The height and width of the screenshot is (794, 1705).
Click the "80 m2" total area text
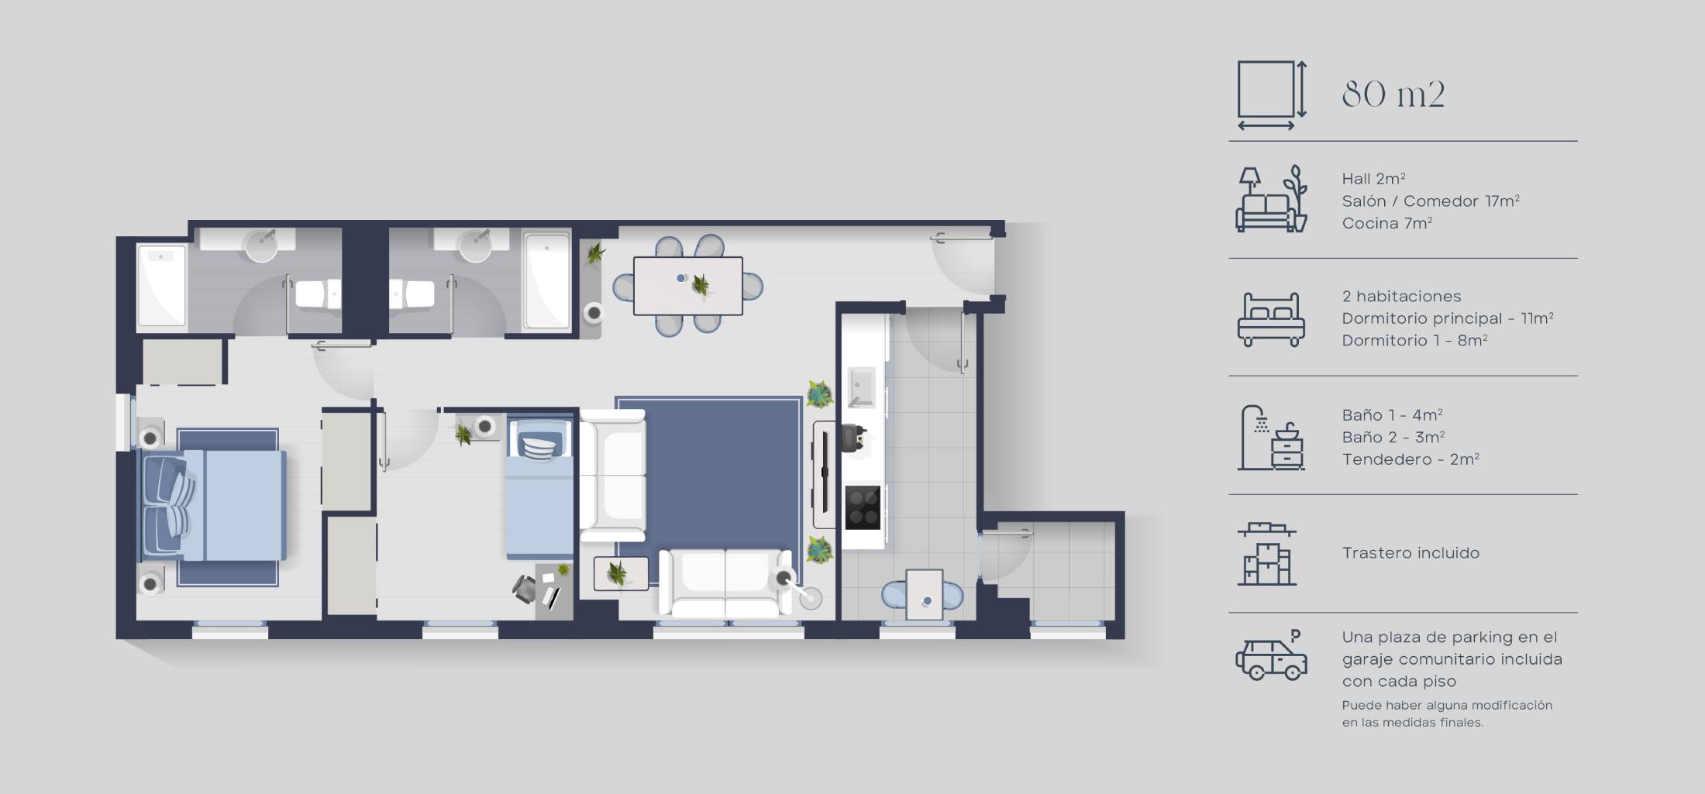pos(1393,95)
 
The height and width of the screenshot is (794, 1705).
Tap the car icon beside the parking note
pos(1271,657)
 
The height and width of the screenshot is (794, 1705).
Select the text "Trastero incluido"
pos(1410,553)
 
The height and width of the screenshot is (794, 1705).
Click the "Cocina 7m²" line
pos(1386,223)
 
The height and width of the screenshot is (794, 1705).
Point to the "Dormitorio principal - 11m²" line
pos(1447,318)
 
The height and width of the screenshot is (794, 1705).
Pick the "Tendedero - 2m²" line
pos(1410,459)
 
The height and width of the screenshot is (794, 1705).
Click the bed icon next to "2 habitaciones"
pos(1271,318)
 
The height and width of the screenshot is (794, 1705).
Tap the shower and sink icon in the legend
pos(1271,438)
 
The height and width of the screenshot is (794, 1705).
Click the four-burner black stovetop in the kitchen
pos(862,507)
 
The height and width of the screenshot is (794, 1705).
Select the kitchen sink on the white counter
pos(861,387)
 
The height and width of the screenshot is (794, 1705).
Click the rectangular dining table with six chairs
pos(687,286)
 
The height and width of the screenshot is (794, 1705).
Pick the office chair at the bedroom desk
pos(525,589)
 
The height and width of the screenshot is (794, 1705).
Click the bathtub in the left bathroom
pos(162,285)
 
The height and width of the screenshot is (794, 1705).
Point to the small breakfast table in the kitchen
pos(924,594)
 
